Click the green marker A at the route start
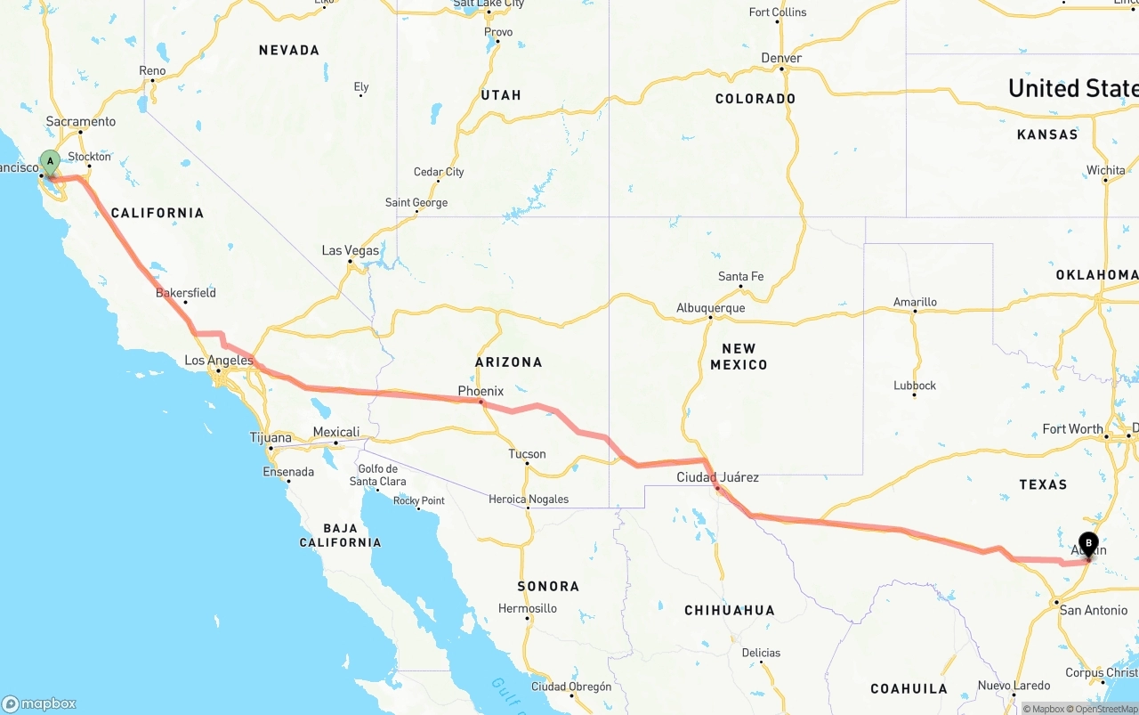(51, 163)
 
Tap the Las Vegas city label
(351, 251)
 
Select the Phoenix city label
(481, 391)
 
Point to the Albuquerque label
(710, 308)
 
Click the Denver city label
(781, 58)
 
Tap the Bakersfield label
(186, 293)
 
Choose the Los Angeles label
(219, 361)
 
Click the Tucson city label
(527, 454)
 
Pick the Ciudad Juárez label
(717, 477)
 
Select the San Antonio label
(1094, 610)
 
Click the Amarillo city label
(915, 302)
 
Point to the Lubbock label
(915, 386)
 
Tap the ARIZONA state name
(509, 362)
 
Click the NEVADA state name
(289, 51)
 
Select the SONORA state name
(548, 586)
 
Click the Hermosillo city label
(528, 608)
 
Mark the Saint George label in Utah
(416, 203)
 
